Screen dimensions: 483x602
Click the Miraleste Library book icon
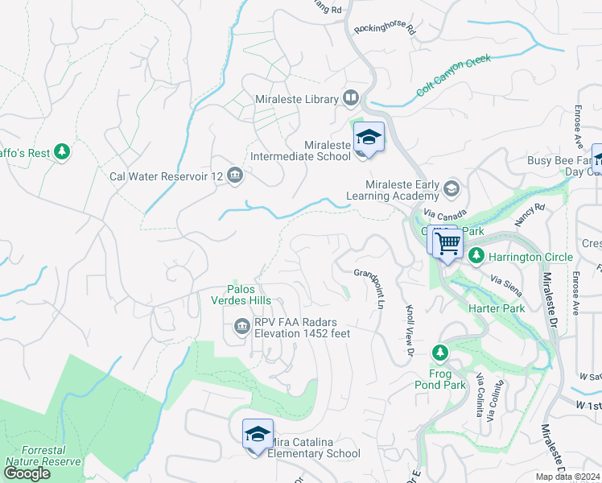pos(351,98)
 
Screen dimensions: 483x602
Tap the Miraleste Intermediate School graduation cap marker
pos(369,138)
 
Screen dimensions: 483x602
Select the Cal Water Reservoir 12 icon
pos(235,175)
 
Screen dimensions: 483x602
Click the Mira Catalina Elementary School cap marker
pos(258,435)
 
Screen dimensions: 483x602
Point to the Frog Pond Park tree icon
pos(439,353)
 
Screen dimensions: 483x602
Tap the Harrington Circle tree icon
pos(476,256)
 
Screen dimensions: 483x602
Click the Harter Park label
pos(497,308)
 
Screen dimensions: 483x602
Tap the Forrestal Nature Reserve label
pos(43,456)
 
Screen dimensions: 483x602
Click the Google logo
pos(27,473)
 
